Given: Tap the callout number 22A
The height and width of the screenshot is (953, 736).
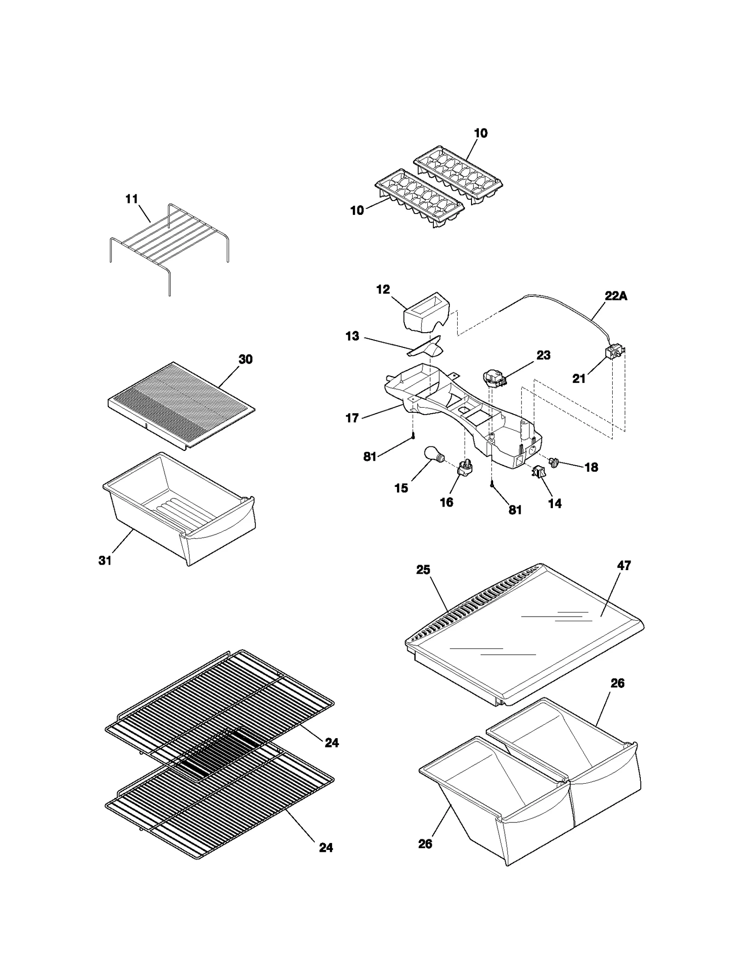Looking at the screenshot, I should tap(615, 296).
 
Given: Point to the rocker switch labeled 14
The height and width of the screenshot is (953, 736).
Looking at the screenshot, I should tap(538, 472).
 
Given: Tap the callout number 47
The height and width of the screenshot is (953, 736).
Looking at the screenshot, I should tap(624, 566).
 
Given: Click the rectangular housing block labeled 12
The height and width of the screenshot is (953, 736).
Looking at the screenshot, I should tap(425, 317).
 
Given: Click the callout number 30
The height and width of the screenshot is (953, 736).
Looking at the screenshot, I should tap(245, 359).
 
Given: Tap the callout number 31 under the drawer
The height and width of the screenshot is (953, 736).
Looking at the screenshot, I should tap(105, 560).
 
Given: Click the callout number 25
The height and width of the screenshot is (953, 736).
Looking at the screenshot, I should tap(423, 570).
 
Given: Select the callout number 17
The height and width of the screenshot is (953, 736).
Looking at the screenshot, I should tap(352, 418).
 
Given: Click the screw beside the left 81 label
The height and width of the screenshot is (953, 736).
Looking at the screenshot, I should tap(414, 434).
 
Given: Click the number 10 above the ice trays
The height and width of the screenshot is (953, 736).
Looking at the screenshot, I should tap(481, 133).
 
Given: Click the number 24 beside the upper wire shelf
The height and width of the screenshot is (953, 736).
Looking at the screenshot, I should tap(332, 743).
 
